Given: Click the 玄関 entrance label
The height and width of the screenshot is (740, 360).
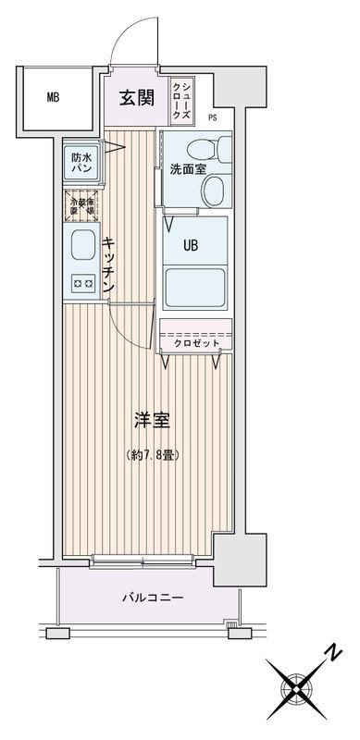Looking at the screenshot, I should click(136, 96).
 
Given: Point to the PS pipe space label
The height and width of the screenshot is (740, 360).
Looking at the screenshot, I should click(213, 117).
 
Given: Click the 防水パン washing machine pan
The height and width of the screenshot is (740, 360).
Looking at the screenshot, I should click(81, 164).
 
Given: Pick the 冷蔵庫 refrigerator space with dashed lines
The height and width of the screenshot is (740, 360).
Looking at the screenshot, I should click(81, 203).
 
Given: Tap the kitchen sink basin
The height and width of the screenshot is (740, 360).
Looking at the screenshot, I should click(81, 248).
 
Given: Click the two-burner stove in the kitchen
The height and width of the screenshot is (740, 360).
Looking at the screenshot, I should click(81, 284).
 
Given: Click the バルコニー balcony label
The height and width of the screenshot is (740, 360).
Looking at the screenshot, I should click(153, 598).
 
